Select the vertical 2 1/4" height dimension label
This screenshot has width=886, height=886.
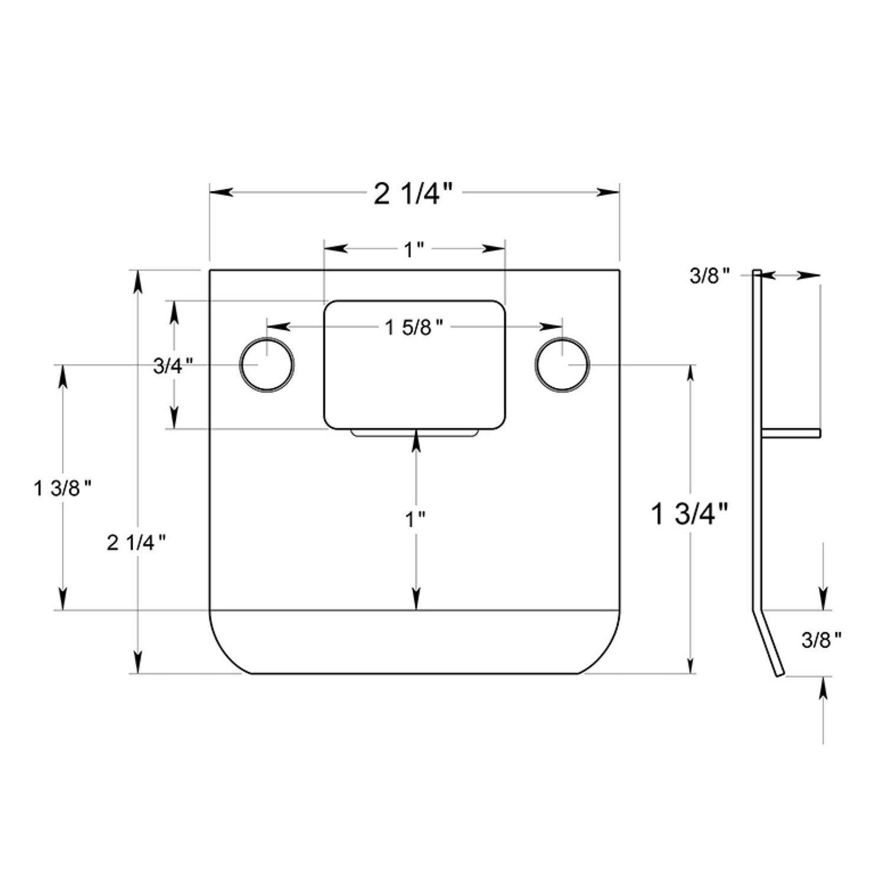137,543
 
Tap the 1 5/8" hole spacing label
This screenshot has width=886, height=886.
414,328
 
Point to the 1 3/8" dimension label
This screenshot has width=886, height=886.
63,489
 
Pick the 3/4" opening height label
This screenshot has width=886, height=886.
173,366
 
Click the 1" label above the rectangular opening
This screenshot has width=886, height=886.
414,250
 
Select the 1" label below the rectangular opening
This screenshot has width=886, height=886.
415,520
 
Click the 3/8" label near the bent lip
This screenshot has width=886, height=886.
821,641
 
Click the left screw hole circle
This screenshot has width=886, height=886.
267,365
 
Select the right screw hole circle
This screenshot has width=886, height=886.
562,365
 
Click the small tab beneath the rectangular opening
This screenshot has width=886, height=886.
414,433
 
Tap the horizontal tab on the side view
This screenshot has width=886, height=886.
791,433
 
